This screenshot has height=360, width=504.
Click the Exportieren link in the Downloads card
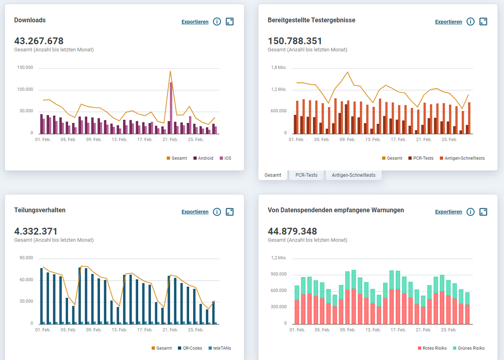click(195, 22)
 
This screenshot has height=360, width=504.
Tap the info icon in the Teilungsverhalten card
click(217, 212)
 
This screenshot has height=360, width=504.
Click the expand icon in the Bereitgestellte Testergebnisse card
click(483, 21)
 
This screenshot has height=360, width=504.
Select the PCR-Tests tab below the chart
click(306, 175)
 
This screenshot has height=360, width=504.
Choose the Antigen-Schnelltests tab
click(353, 175)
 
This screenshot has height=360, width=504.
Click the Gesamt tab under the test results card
click(273, 175)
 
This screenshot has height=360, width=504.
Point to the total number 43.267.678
click(39, 41)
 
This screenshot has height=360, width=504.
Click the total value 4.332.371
click(36, 231)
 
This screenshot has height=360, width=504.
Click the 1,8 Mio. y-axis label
click(279, 68)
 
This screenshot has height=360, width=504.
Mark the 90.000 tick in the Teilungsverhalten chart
click(26, 258)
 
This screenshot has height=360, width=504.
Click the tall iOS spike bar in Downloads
click(171, 107)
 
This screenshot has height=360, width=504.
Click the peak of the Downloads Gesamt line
click(170, 71)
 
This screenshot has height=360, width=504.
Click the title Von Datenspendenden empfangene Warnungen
click(336, 210)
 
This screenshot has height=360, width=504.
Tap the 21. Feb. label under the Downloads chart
click(171, 139)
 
